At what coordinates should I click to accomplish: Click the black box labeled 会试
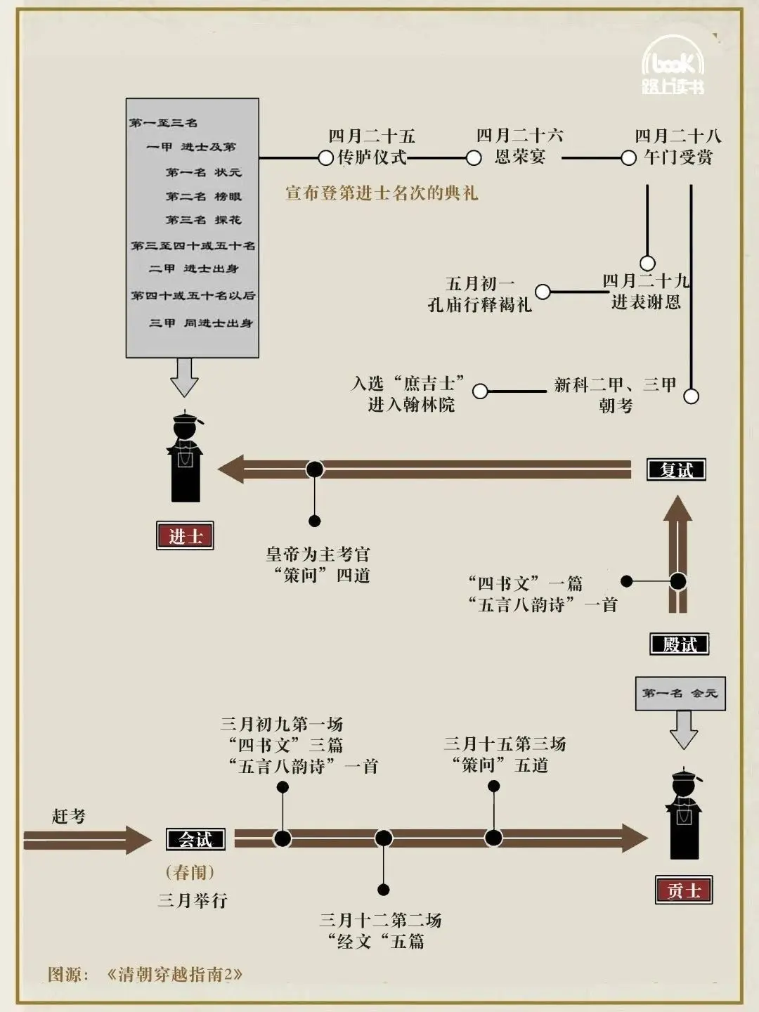pyautogui.click(x=196, y=839)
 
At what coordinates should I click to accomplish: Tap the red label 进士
pyautogui.click(x=186, y=536)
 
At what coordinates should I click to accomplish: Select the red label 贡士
pyautogui.click(x=684, y=890)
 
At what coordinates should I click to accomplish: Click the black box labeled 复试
pyautogui.click(x=677, y=470)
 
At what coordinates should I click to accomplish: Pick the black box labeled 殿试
pyautogui.click(x=680, y=644)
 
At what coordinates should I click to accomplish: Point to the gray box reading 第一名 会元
pyautogui.click(x=681, y=694)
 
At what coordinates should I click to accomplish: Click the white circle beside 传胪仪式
pyautogui.click(x=326, y=158)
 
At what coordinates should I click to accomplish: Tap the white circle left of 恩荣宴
pyautogui.click(x=474, y=158)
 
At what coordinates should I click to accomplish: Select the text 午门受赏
pyautogui.click(x=678, y=157)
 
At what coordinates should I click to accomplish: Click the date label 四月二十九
pyautogui.click(x=646, y=280)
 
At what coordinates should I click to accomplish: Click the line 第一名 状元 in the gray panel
pyautogui.click(x=204, y=172)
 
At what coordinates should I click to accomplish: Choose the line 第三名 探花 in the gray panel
pyautogui.click(x=204, y=220)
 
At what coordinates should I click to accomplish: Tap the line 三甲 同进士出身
pyautogui.click(x=201, y=323)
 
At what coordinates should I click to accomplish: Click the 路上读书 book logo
pyautogui.click(x=673, y=65)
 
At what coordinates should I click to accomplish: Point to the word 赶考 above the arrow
pyautogui.click(x=69, y=816)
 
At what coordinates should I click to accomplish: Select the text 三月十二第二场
pyautogui.click(x=381, y=920)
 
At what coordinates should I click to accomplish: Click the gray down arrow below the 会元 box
pyautogui.click(x=683, y=730)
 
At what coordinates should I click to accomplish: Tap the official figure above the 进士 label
pyautogui.click(x=186, y=455)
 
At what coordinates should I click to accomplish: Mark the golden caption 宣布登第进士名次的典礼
pyautogui.click(x=382, y=193)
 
